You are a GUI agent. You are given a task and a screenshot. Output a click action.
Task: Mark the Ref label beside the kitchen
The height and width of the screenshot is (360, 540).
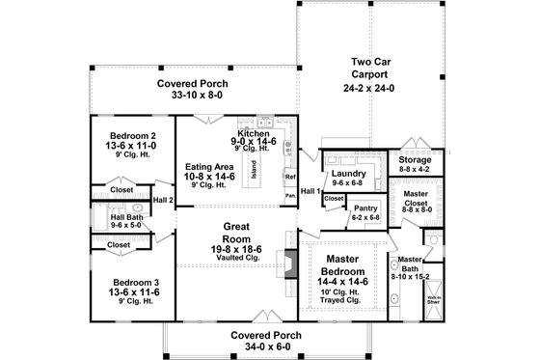point(288,178)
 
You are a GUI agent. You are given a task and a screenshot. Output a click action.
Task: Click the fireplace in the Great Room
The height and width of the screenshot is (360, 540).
point(286,263)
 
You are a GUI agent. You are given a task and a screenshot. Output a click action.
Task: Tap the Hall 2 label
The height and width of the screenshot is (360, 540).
point(163,200)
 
